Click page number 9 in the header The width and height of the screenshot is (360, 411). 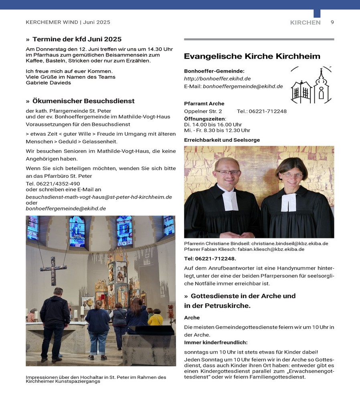332,22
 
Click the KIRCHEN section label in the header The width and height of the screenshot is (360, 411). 305,22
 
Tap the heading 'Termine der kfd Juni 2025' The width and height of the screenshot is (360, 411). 77,39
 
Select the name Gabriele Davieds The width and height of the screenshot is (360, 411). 48,83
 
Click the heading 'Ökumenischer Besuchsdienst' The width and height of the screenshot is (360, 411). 83,101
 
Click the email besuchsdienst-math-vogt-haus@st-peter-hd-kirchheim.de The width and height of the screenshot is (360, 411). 99,197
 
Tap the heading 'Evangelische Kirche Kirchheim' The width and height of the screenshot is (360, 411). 252,56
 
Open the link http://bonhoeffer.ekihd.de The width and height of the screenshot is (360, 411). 217,79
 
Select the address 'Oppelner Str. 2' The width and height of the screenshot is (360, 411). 203,111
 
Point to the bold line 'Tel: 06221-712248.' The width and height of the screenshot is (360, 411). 210,258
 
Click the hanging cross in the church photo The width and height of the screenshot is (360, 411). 53,270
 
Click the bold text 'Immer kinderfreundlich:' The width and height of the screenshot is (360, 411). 216,342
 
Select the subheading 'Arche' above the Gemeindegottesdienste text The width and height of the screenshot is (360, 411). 192,317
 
